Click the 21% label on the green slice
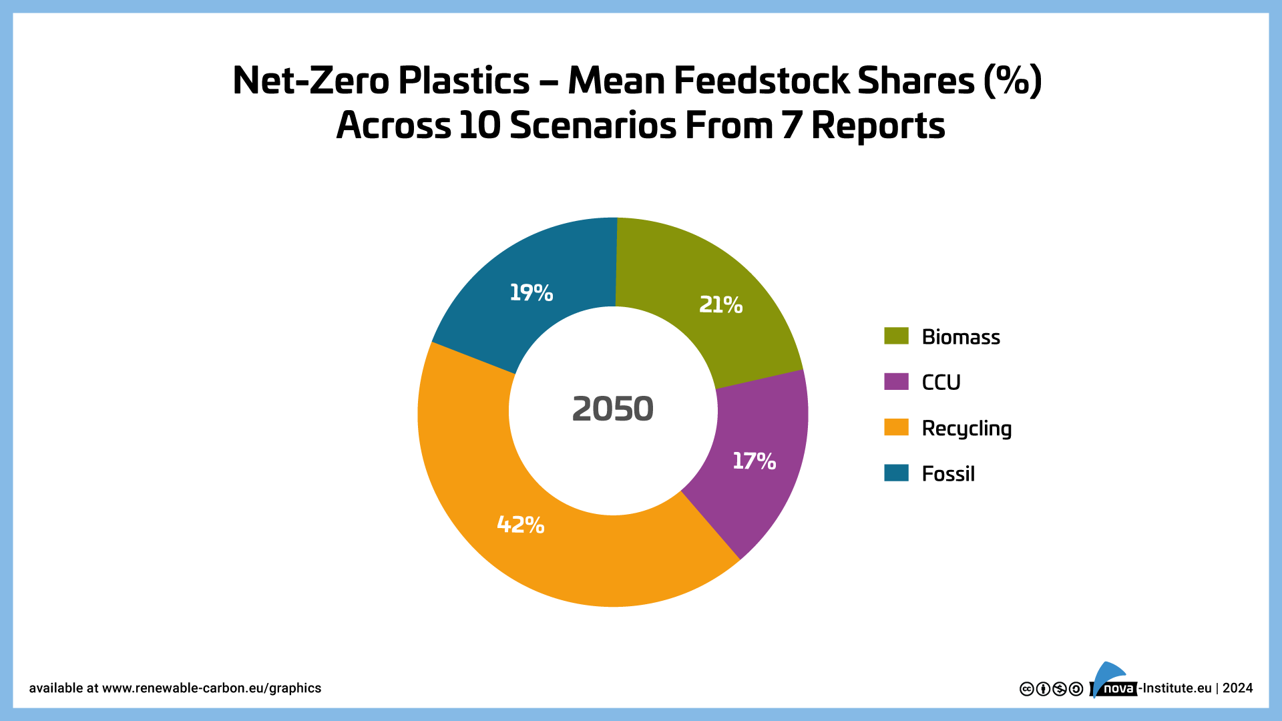tap(720, 305)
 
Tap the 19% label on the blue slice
tap(531, 292)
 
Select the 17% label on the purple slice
tap(754, 461)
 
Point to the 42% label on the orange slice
tap(521, 525)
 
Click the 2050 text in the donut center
tap(613, 409)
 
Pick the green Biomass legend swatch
tap(896, 336)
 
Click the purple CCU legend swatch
tap(896, 381)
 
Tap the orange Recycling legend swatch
tap(896, 427)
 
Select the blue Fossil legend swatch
tap(896, 473)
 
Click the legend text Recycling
tap(966, 429)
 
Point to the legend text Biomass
tap(961, 337)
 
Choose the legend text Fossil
tap(948, 474)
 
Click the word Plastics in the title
tap(464, 81)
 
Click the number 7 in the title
tap(791, 126)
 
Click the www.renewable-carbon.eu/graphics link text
tap(212, 688)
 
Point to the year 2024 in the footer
tap(1238, 688)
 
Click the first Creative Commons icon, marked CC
tap(1027, 689)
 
